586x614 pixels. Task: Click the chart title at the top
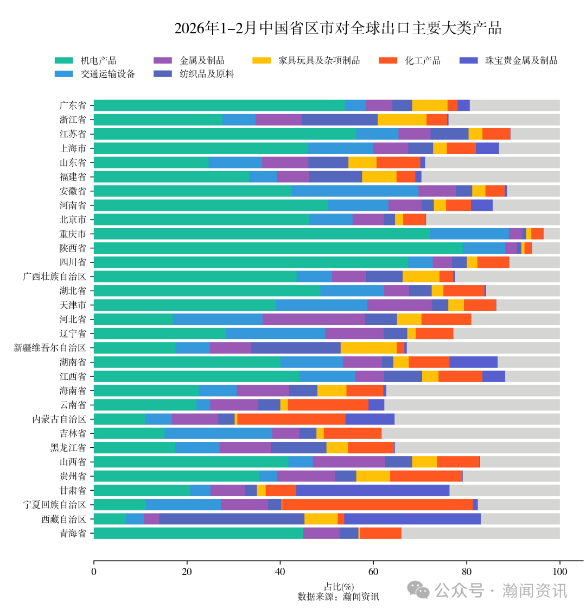(x=337, y=28)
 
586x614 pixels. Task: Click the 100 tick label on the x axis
(x=559, y=571)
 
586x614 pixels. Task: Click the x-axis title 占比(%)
(x=339, y=587)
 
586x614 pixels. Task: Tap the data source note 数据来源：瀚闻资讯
(x=339, y=597)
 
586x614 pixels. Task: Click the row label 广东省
(x=73, y=105)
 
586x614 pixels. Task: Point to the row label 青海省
(x=73, y=533)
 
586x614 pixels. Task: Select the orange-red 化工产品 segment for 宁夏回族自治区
(x=377, y=504)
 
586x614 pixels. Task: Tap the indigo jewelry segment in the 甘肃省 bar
(x=372, y=490)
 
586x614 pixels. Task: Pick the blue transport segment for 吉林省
(x=218, y=433)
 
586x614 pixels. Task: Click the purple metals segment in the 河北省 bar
(x=313, y=319)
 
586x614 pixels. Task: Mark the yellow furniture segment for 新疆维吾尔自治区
(x=368, y=348)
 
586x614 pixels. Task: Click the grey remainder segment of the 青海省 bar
(x=480, y=533)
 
